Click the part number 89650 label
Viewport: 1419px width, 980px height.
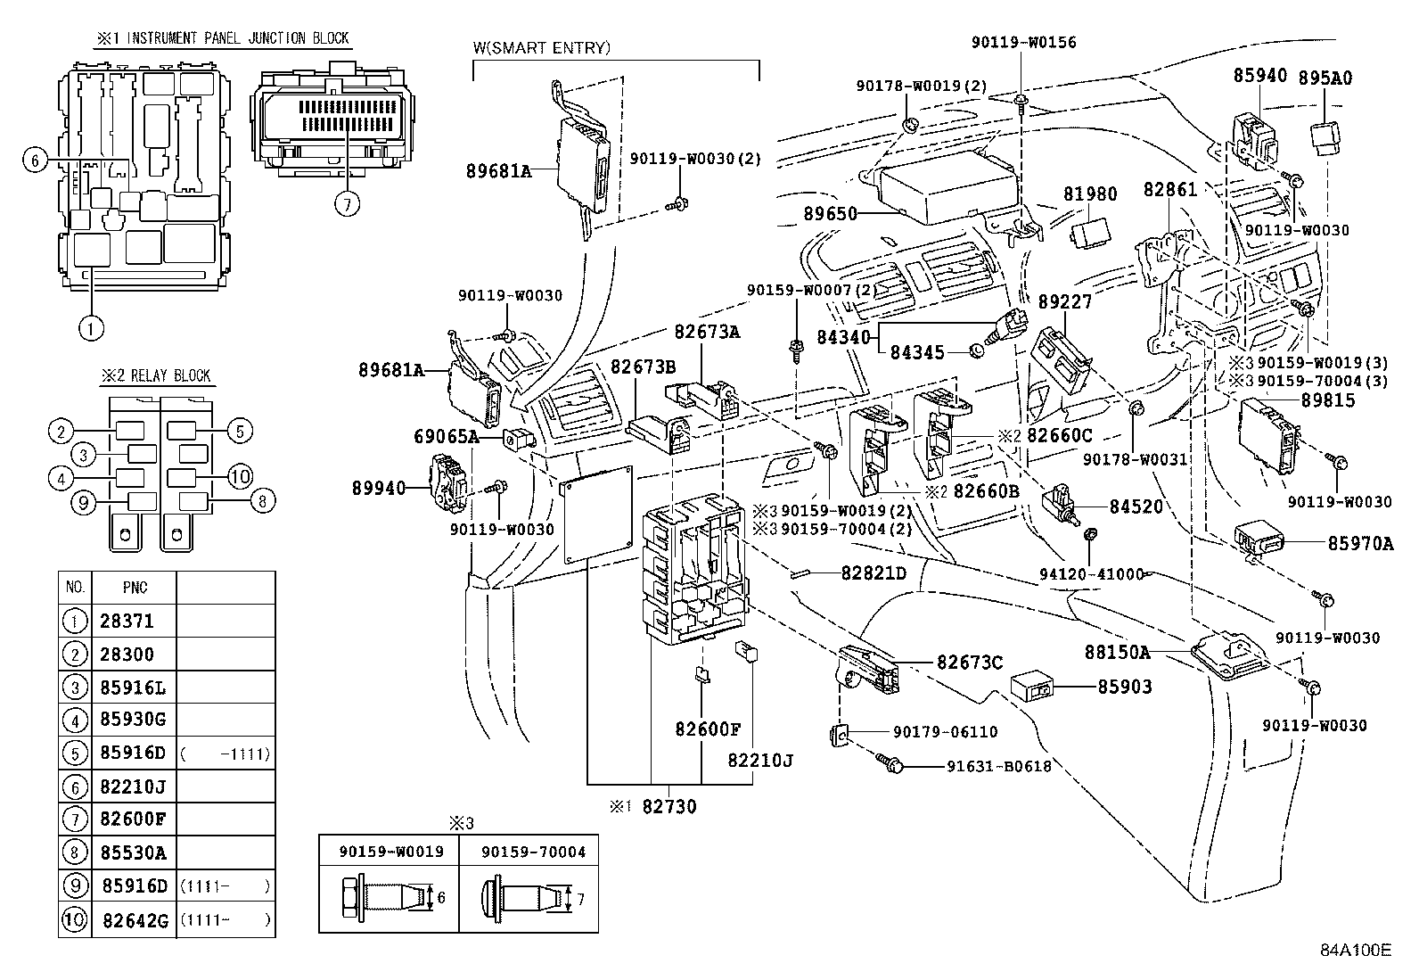tap(829, 214)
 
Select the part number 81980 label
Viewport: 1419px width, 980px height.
tap(1089, 194)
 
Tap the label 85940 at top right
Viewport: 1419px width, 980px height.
tap(1260, 76)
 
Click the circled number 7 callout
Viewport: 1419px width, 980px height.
tap(347, 203)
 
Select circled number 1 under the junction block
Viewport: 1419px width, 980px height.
tap(90, 327)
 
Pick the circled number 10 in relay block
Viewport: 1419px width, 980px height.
tap(241, 475)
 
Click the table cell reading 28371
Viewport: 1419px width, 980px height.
tap(127, 622)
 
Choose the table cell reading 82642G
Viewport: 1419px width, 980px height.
tap(135, 920)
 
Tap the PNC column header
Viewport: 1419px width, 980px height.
tap(135, 588)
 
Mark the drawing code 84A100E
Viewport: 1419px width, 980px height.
tap(1356, 950)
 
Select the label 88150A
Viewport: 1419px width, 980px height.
tap(1117, 653)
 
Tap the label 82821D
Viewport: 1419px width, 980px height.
tap(873, 573)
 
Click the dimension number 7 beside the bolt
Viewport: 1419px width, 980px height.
tap(580, 900)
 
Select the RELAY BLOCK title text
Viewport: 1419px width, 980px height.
tap(170, 375)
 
